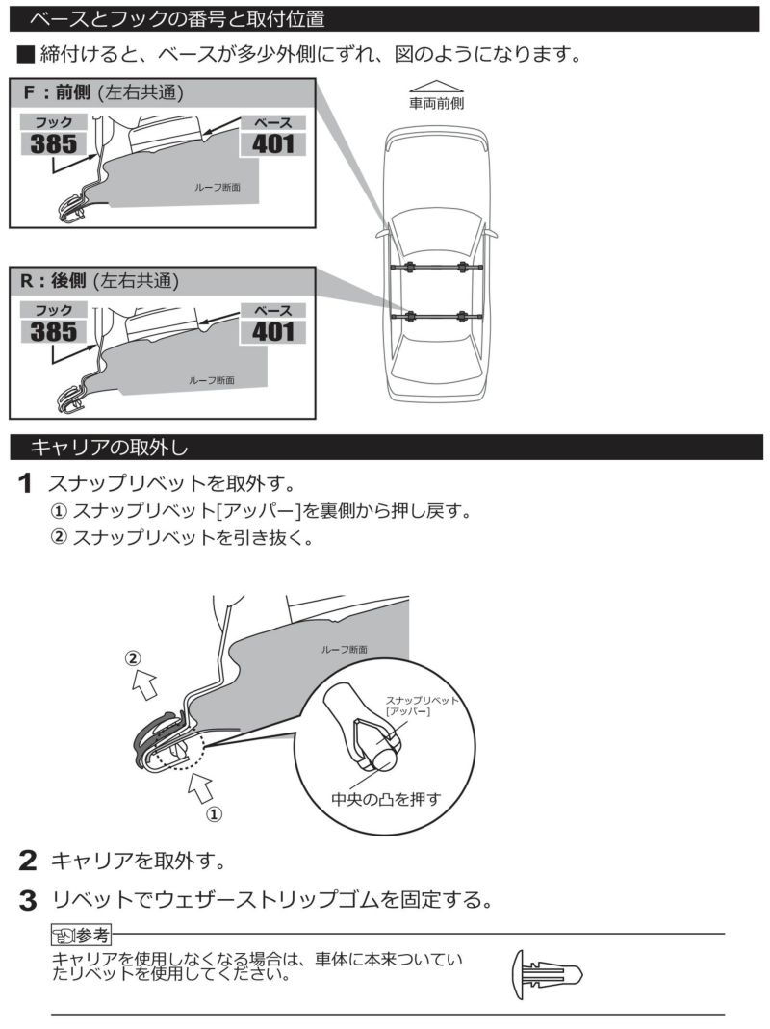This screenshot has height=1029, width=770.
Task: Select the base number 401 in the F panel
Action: (x=272, y=144)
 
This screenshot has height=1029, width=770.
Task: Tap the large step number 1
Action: (x=29, y=480)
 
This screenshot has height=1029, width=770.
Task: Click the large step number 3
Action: (x=29, y=902)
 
